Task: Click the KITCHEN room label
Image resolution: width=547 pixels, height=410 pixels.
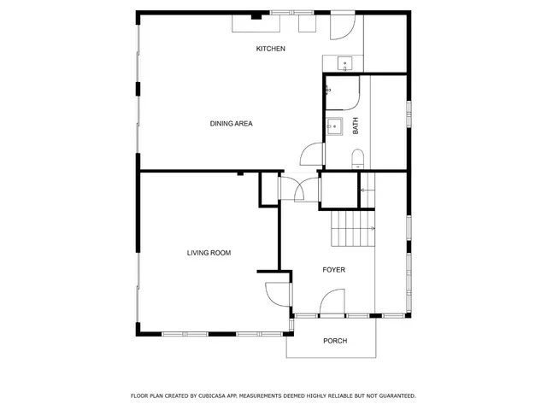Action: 270,49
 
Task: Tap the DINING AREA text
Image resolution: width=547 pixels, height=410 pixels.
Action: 231,124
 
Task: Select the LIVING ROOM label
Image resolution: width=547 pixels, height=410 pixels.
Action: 209,253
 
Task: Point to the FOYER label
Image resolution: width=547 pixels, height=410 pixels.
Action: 334,270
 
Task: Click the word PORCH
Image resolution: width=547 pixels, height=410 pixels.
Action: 335,342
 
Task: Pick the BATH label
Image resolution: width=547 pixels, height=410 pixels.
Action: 356,126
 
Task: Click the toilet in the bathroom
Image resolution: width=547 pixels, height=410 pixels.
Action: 358,156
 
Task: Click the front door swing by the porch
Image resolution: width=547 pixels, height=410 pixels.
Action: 332,303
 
